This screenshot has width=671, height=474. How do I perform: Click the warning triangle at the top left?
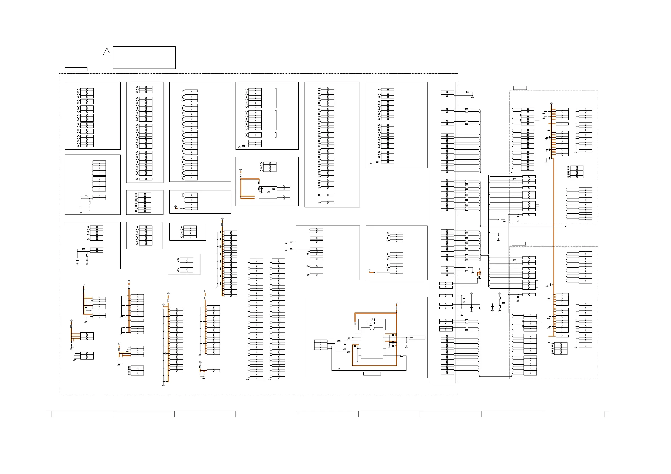tap(107, 52)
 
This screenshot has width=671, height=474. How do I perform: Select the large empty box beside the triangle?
tap(144, 57)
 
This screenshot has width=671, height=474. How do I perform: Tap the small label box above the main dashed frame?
tap(76, 69)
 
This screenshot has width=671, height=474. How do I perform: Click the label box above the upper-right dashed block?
tap(520, 88)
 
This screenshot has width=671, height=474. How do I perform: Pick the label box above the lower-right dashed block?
tap(519, 243)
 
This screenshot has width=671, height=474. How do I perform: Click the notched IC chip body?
tap(372, 343)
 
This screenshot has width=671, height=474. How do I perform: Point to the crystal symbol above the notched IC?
tap(371, 319)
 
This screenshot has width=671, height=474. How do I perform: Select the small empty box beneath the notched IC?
tap(372, 374)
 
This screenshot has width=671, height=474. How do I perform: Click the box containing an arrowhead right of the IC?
tap(416, 337)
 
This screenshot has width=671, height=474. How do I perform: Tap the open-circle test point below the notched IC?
tap(339, 368)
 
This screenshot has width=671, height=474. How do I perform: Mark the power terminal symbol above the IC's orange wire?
tap(396, 302)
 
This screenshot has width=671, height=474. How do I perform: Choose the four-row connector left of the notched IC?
tap(321, 345)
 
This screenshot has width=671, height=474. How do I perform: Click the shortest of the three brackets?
tap(276, 135)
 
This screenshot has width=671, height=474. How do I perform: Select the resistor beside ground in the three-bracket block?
tap(243, 146)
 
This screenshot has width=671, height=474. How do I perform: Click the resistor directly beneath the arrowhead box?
tap(406, 344)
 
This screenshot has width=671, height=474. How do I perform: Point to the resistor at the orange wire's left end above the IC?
tap(355, 324)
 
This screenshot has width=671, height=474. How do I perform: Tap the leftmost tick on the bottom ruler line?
tap(52, 414)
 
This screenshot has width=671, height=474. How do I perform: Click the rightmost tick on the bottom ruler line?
tap(604, 414)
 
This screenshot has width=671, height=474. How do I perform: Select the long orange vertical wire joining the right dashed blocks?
tap(554, 222)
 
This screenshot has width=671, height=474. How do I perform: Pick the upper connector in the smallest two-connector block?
tap(186, 260)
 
